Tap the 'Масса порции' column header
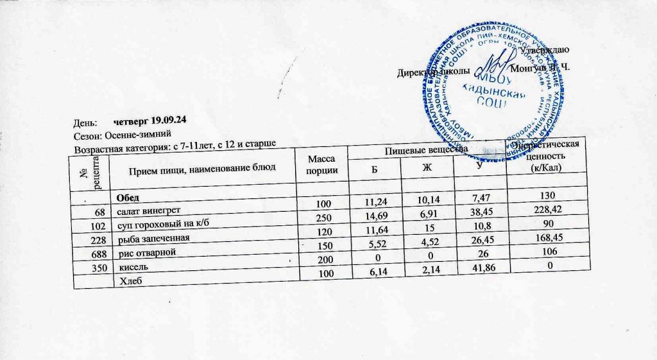(321, 165)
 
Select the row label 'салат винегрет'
(148, 210)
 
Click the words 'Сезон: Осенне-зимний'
(121, 135)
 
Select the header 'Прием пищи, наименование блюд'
(202, 169)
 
